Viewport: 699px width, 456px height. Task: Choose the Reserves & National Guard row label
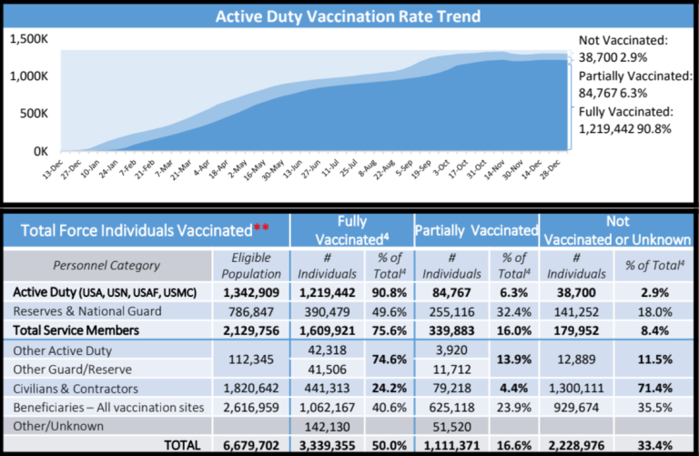point(86,311)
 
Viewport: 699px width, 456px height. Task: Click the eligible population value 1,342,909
point(250,292)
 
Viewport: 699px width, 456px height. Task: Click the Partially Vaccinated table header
point(476,230)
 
